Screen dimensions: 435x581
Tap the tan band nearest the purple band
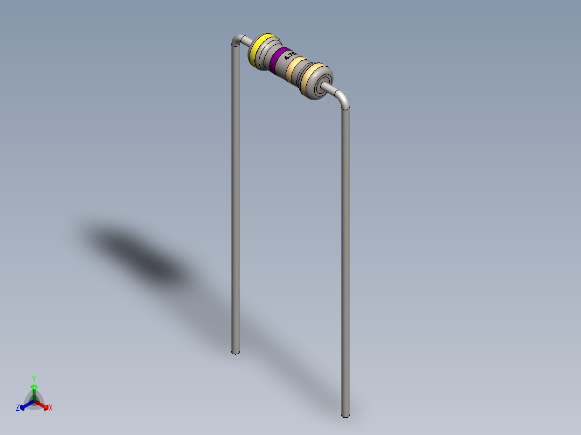(296, 69)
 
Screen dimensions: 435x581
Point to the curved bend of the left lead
(236, 41)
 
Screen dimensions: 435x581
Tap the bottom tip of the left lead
(235, 352)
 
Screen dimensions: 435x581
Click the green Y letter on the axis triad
(33, 378)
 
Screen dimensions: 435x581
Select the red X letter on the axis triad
(51, 408)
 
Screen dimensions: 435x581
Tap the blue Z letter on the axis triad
(18, 408)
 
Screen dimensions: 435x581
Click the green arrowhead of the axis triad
(33, 387)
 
